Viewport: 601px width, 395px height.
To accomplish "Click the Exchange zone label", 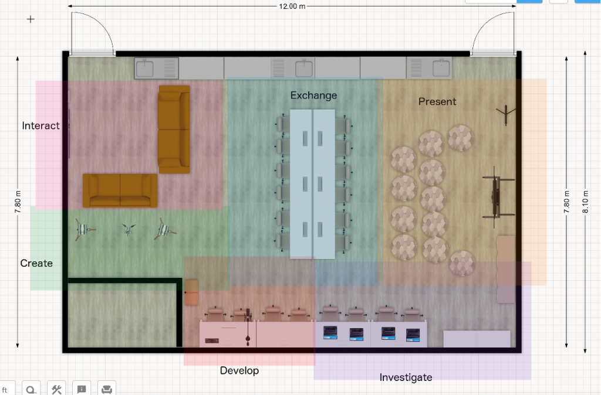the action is click(313, 96).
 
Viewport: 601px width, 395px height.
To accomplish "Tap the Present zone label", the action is click(437, 101).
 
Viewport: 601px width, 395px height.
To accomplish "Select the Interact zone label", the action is click(40, 125).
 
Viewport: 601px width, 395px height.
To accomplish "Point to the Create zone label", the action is click(36, 263).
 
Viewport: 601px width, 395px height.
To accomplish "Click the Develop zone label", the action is click(239, 370).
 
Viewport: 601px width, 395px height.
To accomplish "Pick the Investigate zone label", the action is click(406, 377).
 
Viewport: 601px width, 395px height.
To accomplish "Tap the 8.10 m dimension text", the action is click(585, 202).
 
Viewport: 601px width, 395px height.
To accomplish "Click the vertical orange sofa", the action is click(174, 130).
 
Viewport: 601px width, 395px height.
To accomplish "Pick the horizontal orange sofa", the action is click(120, 190).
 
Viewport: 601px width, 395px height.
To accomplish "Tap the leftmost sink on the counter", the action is click(146, 69).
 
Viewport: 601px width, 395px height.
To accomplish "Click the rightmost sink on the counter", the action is click(441, 68).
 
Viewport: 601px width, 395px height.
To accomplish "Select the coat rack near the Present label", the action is click(506, 114).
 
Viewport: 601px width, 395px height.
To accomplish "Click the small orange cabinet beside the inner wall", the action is click(191, 292).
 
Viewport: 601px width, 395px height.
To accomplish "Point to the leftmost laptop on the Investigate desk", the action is click(330, 332).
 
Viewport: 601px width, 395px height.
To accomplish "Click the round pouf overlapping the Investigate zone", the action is click(462, 263).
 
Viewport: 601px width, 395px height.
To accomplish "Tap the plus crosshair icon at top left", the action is click(31, 19).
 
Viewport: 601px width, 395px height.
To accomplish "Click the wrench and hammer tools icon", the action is click(56, 389).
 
